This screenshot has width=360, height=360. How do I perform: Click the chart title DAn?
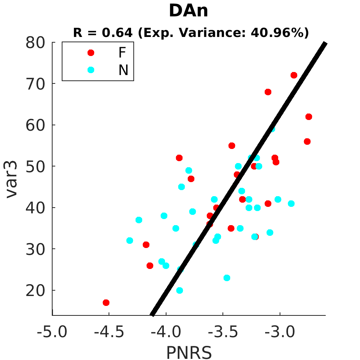tap(188, 11)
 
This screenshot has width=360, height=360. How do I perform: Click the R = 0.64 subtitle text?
tap(102, 33)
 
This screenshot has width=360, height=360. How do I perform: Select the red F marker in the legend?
tap(91, 53)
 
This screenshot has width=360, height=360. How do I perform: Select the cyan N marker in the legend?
tap(91, 70)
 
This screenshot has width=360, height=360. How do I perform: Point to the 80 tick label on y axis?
tap(35, 43)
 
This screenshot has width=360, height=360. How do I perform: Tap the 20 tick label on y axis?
tap(35, 291)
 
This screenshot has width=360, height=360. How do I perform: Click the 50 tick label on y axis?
tap(35, 167)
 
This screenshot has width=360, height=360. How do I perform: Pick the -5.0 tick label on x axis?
tap(52, 332)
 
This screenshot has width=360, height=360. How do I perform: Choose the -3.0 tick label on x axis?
tap(280, 332)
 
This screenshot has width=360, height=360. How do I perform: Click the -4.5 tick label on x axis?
tap(109, 332)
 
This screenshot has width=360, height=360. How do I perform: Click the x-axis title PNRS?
tap(189, 352)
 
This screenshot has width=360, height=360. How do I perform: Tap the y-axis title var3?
tap(11, 179)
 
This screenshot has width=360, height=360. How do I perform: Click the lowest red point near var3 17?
tap(106, 302)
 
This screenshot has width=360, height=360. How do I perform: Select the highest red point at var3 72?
tap(294, 75)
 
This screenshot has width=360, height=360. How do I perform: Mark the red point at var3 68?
tap(268, 92)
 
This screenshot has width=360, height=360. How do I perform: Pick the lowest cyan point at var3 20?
tap(179, 290)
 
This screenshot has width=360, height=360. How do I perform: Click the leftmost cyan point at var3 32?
tap(130, 241)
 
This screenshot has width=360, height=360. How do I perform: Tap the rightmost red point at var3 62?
tap(309, 117)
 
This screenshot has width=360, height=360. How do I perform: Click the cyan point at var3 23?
tap(227, 278)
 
